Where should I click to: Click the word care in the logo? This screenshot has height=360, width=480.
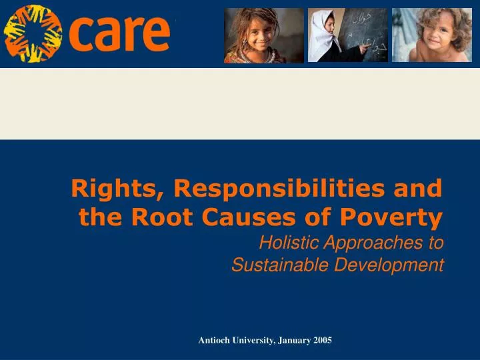(x=120, y=33)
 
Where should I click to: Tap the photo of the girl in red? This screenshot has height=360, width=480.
(x=263, y=35)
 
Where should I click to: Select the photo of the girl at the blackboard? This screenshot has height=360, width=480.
(x=347, y=35)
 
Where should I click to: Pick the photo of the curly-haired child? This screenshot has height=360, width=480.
(x=431, y=35)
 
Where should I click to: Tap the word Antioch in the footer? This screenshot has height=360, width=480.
(x=214, y=340)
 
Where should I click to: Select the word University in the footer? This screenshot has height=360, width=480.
(x=253, y=340)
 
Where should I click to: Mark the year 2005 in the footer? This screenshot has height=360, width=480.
(x=323, y=340)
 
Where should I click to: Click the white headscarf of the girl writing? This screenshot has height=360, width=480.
(x=325, y=37)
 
